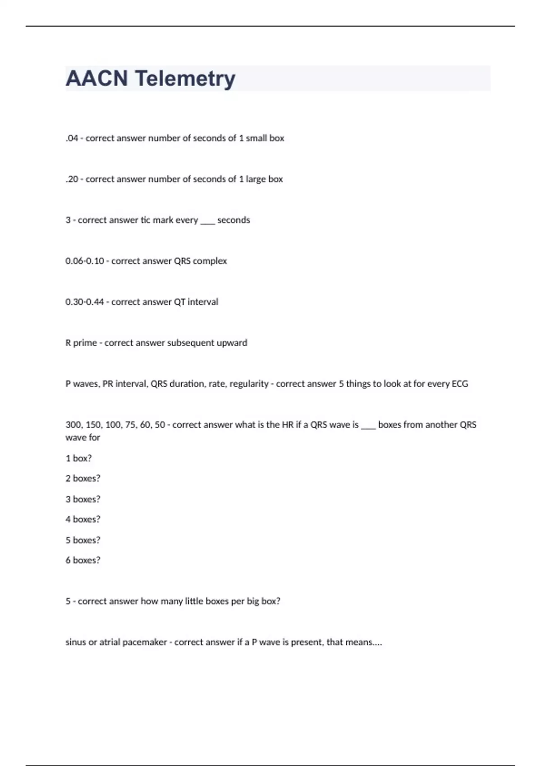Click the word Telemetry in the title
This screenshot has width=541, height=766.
pyautogui.click(x=185, y=78)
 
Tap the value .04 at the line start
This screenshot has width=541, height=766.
pyautogui.click(x=72, y=138)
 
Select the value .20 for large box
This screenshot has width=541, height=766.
pyautogui.click(x=72, y=179)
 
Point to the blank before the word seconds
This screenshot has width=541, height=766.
pyautogui.click(x=207, y=221)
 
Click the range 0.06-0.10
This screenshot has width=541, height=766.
pyautogui.click(x=85, y=261)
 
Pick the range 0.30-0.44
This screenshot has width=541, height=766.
pyautogui.click(x=85, y=302)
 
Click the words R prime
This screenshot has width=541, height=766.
pyautogui.click(x=81, y=343)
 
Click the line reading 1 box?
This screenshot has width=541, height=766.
pyautogui.click(x=78, y=458)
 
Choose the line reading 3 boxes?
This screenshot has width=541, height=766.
pyautogui.click(x=83, y=499)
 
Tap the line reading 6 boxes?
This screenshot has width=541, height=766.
pyautogui.click(x=83, y=560)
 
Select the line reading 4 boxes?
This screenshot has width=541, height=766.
pyautogui.click(x=83, y=519)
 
